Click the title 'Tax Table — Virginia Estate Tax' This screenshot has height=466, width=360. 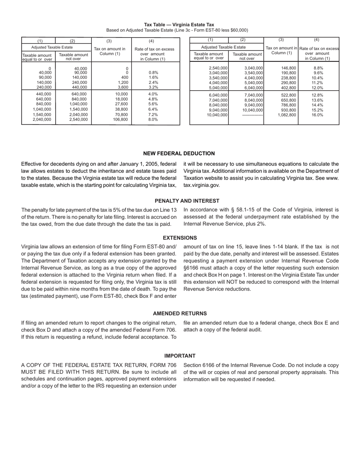click(x=179, y=25)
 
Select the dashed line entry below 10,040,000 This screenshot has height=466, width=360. click(x=252, y=115)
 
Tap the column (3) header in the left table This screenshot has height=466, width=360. click(x=109, y=41)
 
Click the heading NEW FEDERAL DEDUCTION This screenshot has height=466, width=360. click(x=179, y=153)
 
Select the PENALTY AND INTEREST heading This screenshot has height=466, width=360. click(x=187, y=201)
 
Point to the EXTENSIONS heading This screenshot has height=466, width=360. click(x=180, y=238)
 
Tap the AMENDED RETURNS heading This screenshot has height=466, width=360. click(x=180, y=313)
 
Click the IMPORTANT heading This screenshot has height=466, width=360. click(x=180, y=356)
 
